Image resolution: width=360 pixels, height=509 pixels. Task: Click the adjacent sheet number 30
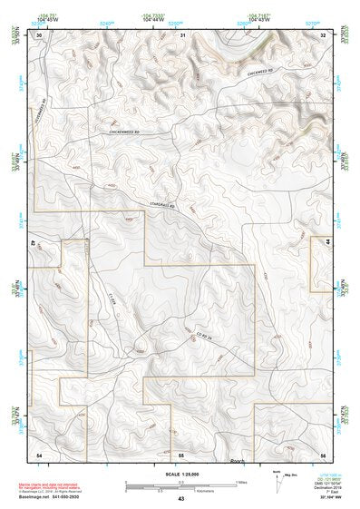click(x=39, y=34)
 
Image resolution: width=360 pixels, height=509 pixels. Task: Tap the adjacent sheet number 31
click(x=182, y=34)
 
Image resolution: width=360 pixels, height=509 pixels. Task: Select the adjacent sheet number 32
click(x=323, y=34)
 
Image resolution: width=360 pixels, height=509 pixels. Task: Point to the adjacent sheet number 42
click(x=35, y=243)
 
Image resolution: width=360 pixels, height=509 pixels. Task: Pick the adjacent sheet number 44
click(x=326, y=243)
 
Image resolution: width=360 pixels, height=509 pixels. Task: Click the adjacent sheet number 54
click(x=39, y=453)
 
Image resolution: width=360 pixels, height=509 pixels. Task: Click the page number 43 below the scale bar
click(x=181, y=500)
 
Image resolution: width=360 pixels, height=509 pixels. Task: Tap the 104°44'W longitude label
click(x=154, y=20)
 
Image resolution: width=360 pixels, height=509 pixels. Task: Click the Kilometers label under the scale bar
click(x=181, y=491)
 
